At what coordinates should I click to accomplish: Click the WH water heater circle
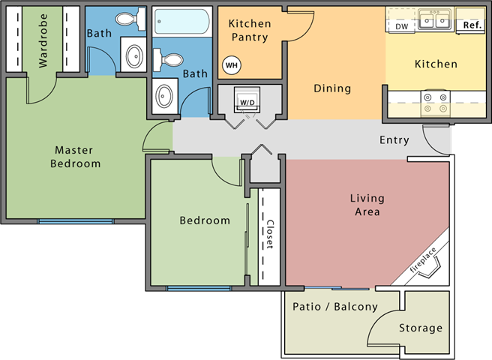(x=231, y=65)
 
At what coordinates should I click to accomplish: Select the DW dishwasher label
(x=402, y=25)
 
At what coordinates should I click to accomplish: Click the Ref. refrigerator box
(x=472, y=24)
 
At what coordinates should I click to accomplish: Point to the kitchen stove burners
(x=434, y=102)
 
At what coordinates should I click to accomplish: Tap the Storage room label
(x=420, y=328)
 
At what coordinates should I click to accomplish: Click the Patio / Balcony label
(x=334, y=307)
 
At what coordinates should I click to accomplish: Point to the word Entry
(x=394, y=139)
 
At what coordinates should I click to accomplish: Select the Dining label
(x=332, y=88)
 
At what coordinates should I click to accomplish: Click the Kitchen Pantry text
(x=250, y=30)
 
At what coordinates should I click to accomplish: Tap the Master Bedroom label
(x=76, y=156)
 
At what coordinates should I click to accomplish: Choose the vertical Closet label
(x=269, y=233)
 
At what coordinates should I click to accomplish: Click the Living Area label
(x=367, y=205)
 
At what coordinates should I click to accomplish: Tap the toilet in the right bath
(x=171, y=59)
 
